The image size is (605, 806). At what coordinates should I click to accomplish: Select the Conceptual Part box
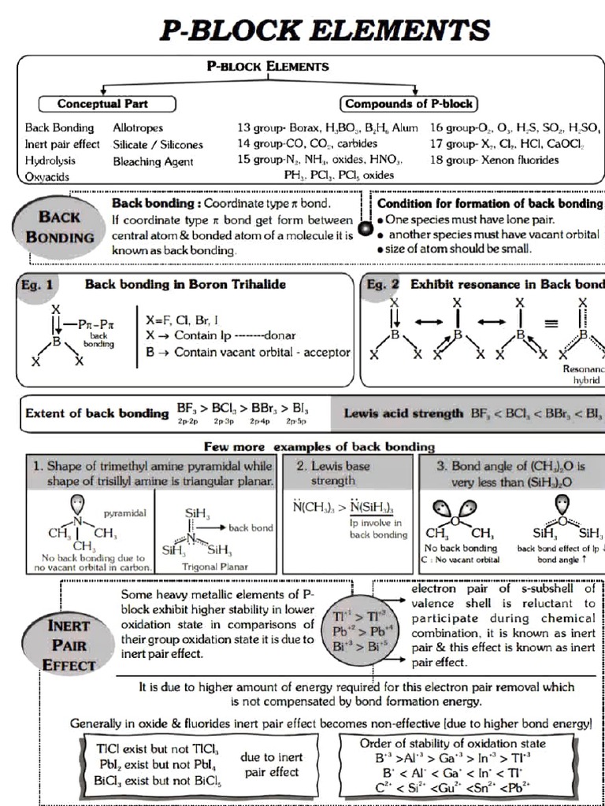coord(102,104)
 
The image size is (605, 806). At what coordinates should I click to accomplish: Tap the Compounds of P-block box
coord(409,104)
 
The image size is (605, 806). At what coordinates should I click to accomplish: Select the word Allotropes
coord(138,128)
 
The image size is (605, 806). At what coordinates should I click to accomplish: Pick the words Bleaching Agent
coord(153,161)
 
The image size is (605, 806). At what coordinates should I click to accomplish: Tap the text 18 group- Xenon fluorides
coord(494,160)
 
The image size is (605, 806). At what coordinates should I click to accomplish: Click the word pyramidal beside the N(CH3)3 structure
coord(124,512)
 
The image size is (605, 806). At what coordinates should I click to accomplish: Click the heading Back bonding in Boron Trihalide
coord(185,283)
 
